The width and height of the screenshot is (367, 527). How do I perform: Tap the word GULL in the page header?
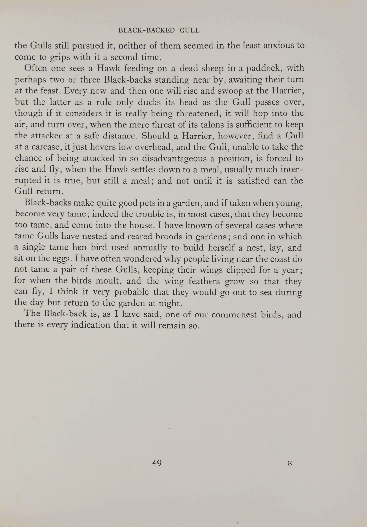click(x=190, y=30)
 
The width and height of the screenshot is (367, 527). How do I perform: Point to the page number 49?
click(x=157, y=463)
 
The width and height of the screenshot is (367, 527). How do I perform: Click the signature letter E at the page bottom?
click(x=290, y=464)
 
